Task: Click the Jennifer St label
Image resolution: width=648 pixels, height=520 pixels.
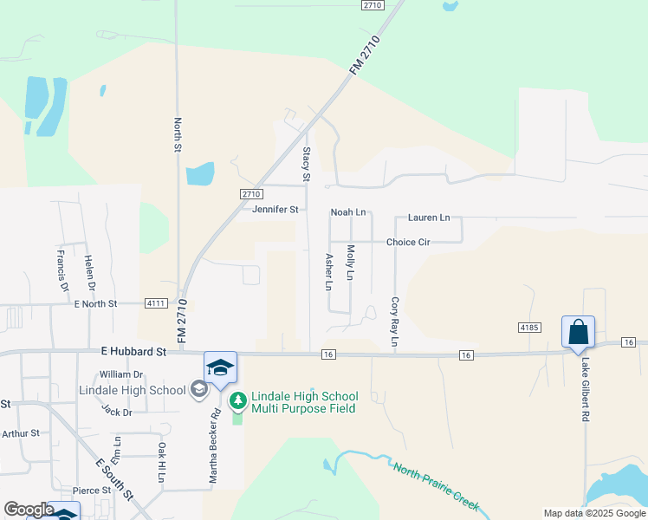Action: pyautogui.click(x=275, y=210)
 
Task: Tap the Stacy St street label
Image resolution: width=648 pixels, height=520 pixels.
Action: pyautogui.click(x=306, y=164)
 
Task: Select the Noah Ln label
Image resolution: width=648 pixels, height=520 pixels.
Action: pyautogui.click(x=348, y=212)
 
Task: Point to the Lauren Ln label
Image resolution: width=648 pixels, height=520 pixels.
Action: pyautogui.click(x=429, y=218)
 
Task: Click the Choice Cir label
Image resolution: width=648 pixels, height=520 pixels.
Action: pyautogui.click(x=408, y=243)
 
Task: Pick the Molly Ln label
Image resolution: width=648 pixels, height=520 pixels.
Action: pyautogui.click(x=351, y=262)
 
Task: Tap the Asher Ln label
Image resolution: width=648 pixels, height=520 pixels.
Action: pyautogui.click(x=328, y=271)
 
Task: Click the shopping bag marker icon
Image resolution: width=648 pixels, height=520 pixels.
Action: pyautogui.click(x=578, y=332)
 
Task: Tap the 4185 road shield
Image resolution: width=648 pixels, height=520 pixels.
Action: pyautogui.click(x=529, y=328)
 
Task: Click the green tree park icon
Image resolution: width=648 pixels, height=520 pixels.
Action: pyautogui.click(x=237, y=401)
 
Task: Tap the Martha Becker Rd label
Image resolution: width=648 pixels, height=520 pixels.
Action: pyautogui.click(x=213, y=446)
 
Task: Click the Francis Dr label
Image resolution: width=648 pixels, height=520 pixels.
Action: pyautogui.click(x=62, y=270)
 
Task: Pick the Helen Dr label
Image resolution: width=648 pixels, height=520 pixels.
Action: pyautogui.click(x=88, y=272)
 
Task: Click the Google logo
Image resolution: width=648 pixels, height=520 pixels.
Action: pyautogui.click(x=29, y=510)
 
